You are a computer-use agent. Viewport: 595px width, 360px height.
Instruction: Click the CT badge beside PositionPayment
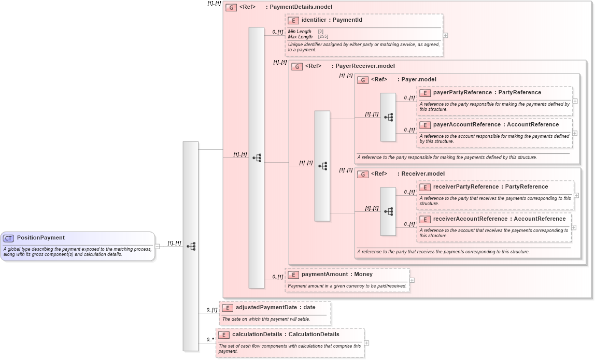click(8, 238)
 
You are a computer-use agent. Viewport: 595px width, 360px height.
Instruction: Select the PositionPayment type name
click(40, 238)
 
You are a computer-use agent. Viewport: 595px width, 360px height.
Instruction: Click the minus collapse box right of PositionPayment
click(157, 246)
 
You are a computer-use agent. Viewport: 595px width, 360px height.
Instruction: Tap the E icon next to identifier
click(293, 20)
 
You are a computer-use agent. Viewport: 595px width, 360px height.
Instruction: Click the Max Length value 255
click(323, 37)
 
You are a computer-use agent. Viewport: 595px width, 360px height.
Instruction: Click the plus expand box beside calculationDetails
click(367, 343)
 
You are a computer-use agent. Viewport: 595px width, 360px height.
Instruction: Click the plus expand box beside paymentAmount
click(412, 280)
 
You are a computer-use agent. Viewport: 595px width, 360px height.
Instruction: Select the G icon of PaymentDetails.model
click(231, 7)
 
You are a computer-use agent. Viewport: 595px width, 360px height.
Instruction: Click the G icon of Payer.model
click(363, 80)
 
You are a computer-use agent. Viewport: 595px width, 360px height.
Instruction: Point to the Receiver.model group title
click(423, 174)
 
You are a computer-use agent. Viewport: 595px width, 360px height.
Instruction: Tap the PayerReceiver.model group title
click(365, 66)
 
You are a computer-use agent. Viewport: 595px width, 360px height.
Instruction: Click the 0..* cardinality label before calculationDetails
click(210, 340)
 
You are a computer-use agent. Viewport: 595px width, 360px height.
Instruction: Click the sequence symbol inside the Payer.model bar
click(388, 118)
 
